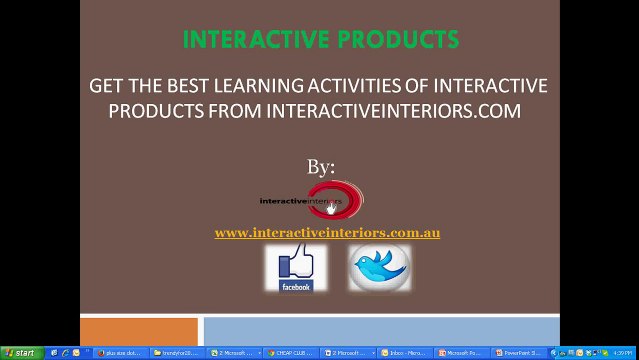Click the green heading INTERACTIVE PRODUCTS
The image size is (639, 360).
point(320,40)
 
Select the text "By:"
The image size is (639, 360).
point(321,166)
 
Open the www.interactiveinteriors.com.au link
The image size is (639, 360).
point(327,233)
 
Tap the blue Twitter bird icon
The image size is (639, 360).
point(379,267)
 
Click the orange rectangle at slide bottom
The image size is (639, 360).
point(139,332)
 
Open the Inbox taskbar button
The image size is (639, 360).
point(405,353)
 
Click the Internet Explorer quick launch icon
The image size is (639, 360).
point(65,353)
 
